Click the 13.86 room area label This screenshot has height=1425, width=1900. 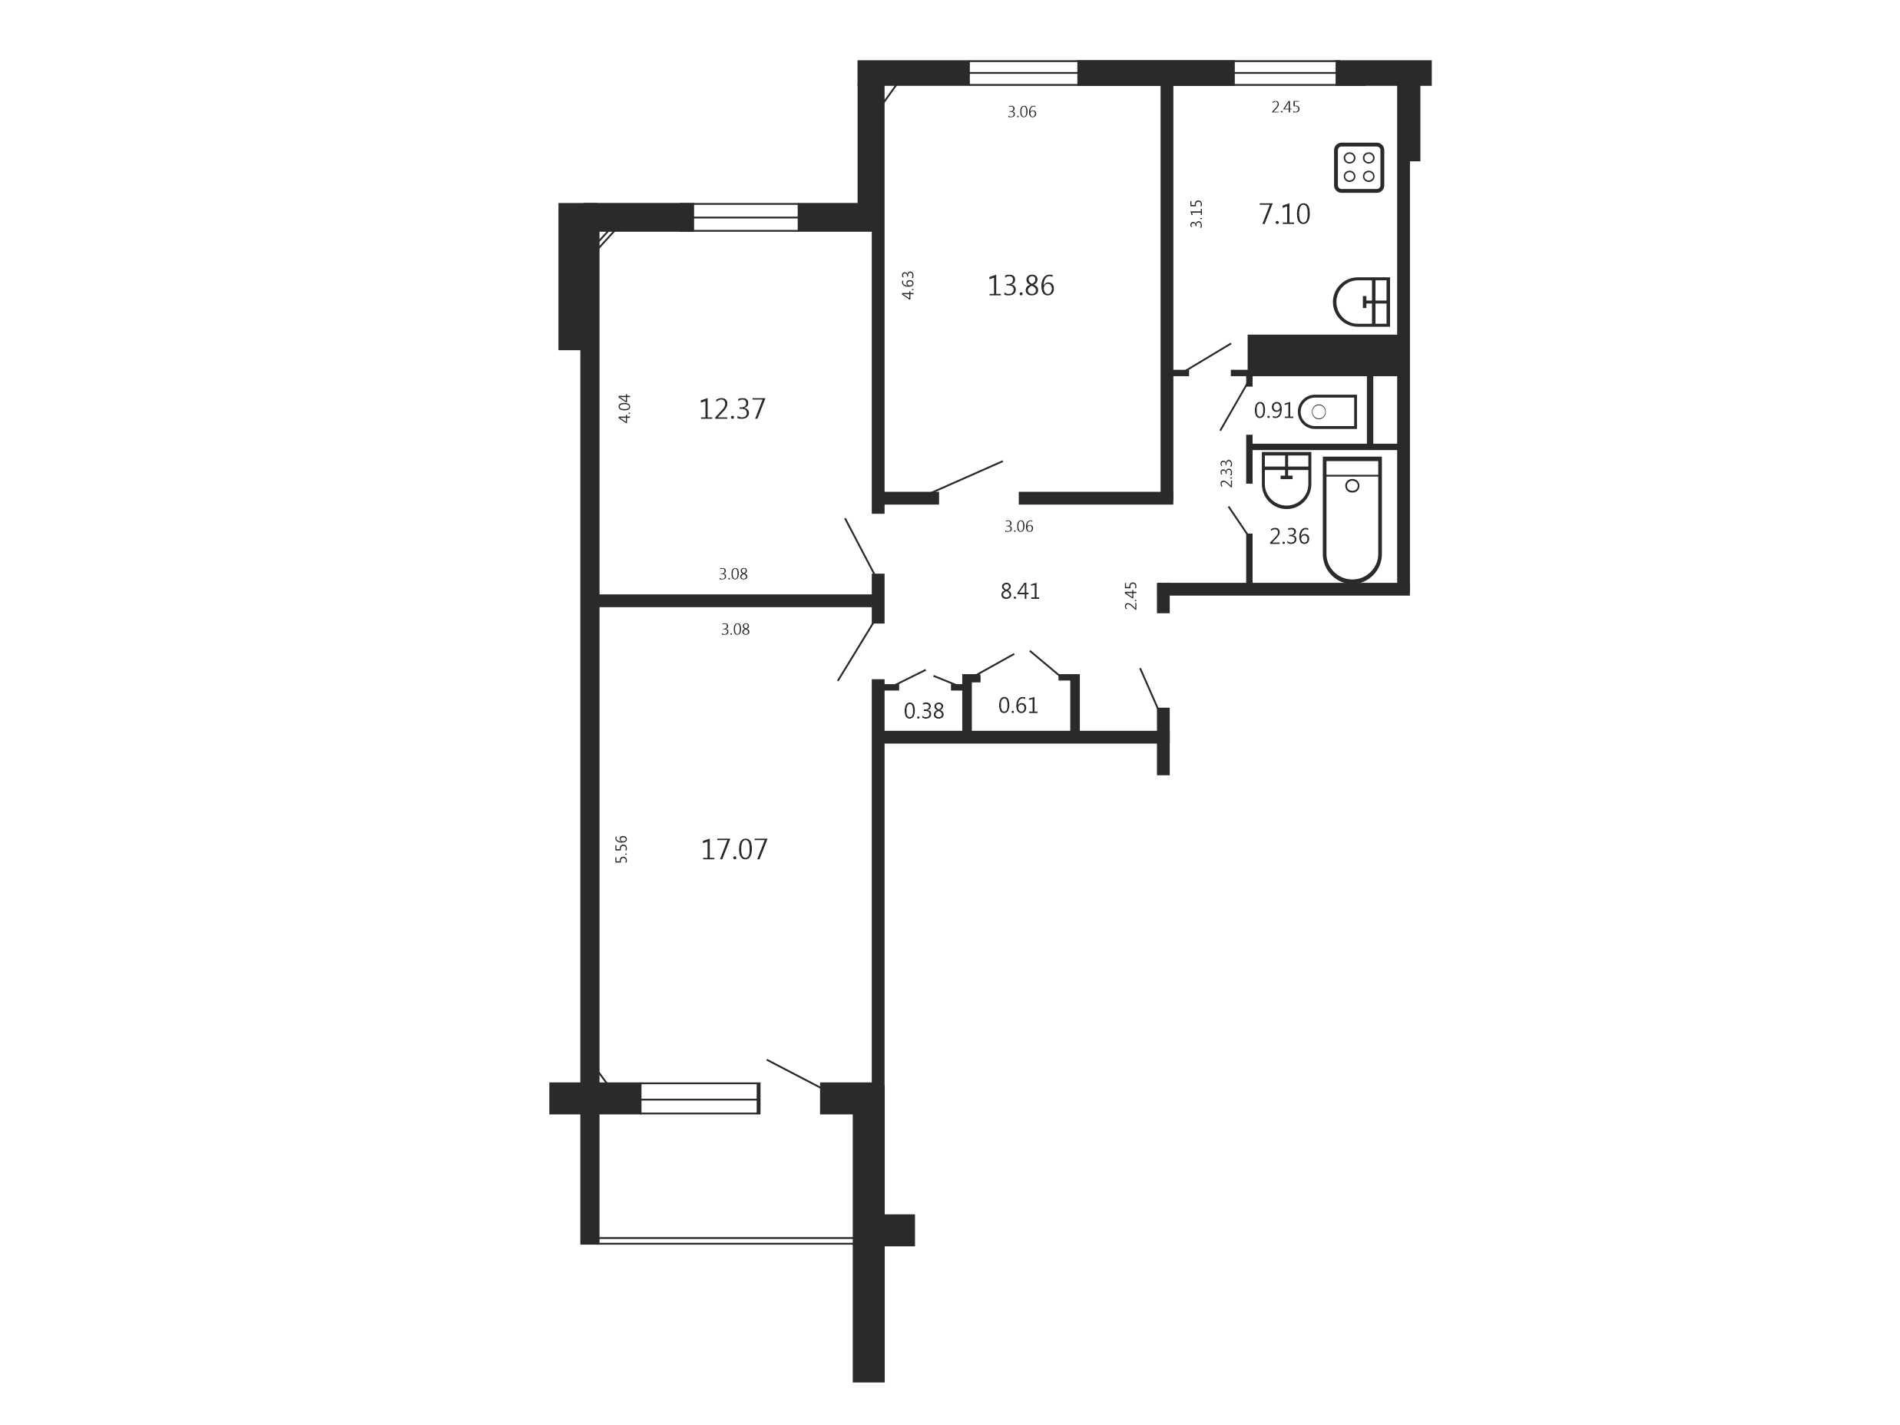(x=1021, y=285)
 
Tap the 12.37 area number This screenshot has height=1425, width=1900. (x=732, y=409)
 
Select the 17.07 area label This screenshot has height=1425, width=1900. (x=734, y=849)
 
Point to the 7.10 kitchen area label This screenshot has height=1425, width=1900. (x=1284, y=214)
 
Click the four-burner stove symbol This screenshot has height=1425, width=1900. (x=1359, y=167)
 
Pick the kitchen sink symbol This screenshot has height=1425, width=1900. (x=1362, y=302)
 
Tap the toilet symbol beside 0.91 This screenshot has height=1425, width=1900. (x=1328, y=412)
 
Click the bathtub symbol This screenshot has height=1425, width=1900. (x=1352, y=519)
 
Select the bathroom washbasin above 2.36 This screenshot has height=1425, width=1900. (x=1286, y=479)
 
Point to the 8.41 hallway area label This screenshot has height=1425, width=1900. (x=1021, y=591)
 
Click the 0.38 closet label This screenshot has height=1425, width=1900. (x=924, y=710)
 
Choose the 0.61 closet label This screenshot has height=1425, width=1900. (x=1018, y=705)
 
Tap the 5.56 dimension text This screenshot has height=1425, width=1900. (x=622, y=848)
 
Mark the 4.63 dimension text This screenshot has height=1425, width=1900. (x=908, y=285)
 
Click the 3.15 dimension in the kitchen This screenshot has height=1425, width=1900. (x=1197, y=214)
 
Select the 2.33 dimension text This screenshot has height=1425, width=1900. (x=1226, y=473)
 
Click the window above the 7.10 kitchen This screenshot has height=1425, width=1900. (x=1285, y=73)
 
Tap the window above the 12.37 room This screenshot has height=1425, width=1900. (x=746, y=217)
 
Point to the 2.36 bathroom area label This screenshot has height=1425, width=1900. (x=1289, y=536)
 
